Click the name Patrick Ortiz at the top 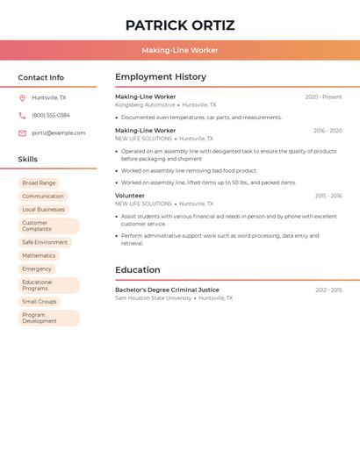(180, 25)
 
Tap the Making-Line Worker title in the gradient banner (180, 50)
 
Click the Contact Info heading (40, 77)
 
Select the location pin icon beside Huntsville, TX (22, 98)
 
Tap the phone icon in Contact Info (22, 116)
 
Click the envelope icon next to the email (22, 133)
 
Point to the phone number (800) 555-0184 (51, 116)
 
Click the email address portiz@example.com (59, 133)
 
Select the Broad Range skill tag (39, 182)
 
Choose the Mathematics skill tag (39, 255)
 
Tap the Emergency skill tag (37, 268)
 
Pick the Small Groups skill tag (40, 301)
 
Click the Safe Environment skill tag (45, 242)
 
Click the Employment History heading (161, 77)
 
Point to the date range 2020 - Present (323, 97)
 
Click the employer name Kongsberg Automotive (145, 104)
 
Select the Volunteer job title (130, 196)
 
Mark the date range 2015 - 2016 (328, 196)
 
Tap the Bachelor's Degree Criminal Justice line (167, 290)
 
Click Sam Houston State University (153, 298)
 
